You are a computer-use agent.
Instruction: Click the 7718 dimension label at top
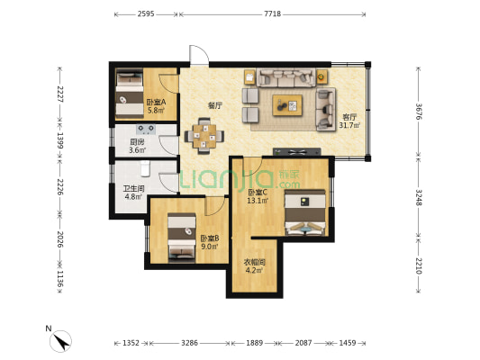pos(273,13)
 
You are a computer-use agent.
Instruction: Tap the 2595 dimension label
pos(146,13)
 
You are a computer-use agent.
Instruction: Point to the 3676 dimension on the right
pos(419,112)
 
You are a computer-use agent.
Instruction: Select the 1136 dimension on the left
pos(60,279)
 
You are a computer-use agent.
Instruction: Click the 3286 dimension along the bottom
pos(189,343)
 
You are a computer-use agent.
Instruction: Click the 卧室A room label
pos(156,103)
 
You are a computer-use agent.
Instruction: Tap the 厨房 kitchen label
pos(137,142)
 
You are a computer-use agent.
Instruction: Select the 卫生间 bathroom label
pos(133,189)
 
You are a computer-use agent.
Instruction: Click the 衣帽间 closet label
pos(254,262)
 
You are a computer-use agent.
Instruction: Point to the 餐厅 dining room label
pos(215,106)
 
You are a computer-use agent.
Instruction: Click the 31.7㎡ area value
pos(349,125)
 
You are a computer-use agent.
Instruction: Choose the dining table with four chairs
pos(204,136)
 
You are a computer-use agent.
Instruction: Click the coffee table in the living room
pos(287,105)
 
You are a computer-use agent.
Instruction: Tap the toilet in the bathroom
pos(145,168)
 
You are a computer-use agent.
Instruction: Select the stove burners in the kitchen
pos(146,130)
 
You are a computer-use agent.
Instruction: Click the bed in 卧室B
pos(182,238)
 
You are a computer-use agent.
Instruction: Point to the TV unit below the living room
pos(297,152)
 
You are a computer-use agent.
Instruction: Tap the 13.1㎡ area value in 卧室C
pos(258,201)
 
